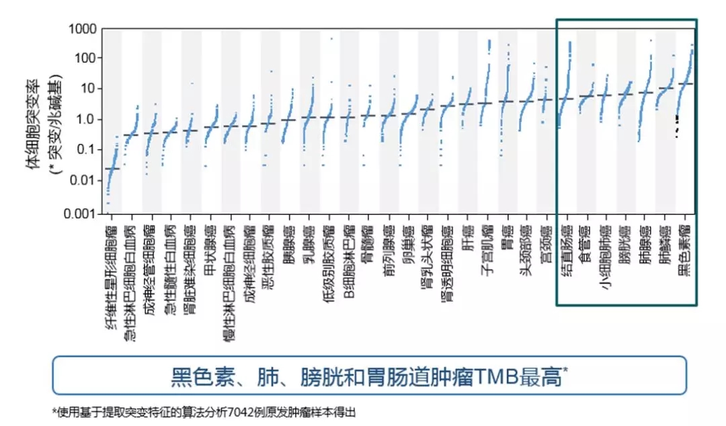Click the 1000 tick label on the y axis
81,30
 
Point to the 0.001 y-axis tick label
78,214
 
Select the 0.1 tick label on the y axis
84,150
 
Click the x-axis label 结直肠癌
567,251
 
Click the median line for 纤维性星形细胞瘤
112,169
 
